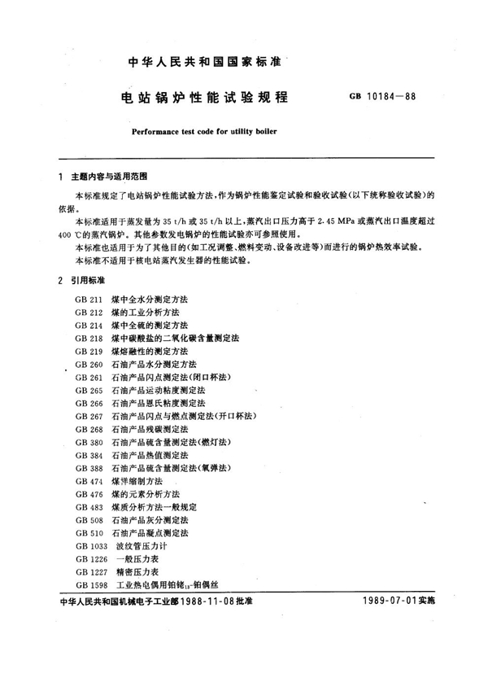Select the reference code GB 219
[x=87, y=350]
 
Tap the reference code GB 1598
[x=89, y=584]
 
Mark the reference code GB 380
[x=87, y=442]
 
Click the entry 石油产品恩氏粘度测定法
[x=159, y=403]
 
